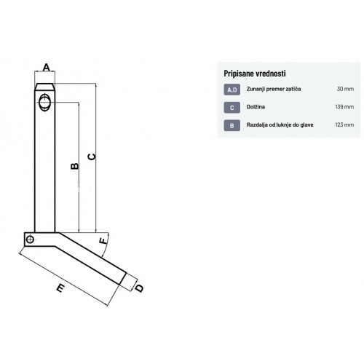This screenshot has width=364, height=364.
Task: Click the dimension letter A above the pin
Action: point(46,67)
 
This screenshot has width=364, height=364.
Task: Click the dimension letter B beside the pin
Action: point(75,166)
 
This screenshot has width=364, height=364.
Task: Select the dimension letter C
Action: point(92,157)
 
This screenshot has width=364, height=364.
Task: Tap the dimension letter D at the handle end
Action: point(139,288)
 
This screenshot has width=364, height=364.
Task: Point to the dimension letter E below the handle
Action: point(60,288)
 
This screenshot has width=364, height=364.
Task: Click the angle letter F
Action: point(103,241)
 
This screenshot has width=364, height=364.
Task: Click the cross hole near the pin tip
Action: point(45,103)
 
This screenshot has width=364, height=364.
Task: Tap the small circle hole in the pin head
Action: point(30,240)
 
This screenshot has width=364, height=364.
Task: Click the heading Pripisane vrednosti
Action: point(255,74)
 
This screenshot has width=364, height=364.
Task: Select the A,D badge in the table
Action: point(232,90)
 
